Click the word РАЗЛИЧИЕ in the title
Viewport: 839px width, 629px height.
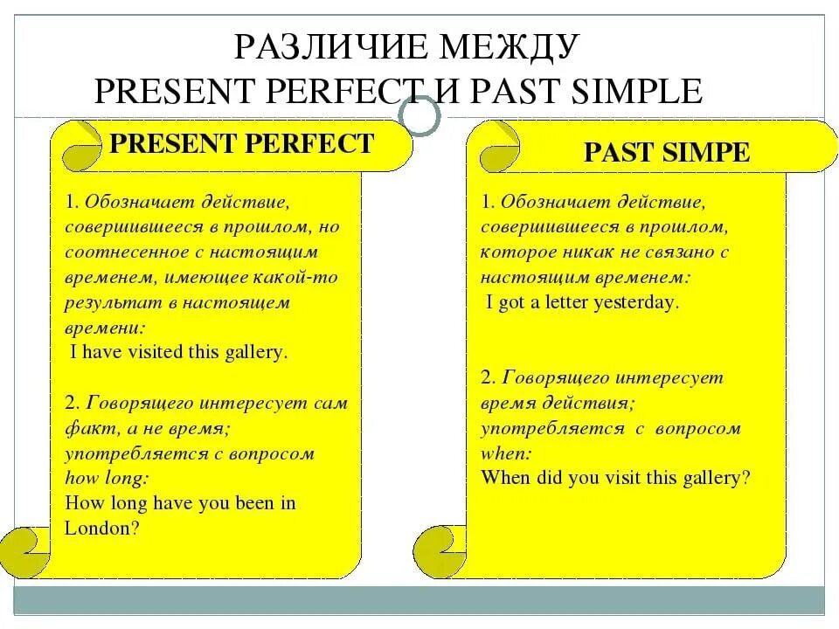pos(329,48)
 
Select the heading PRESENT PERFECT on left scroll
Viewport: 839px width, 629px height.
pos(241,143)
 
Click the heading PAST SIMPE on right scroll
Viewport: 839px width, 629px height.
pos(666,153)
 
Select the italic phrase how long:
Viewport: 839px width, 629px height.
pos(107,478)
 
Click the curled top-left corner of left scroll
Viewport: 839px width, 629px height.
pos(77,145)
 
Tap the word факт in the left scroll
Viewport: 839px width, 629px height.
pos(83,428)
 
